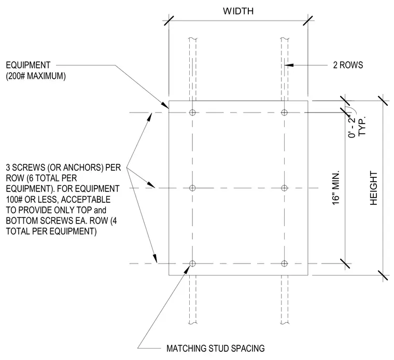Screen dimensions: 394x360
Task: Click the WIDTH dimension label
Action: tap(238, 11)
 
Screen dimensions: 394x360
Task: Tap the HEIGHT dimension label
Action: tap(374, 188)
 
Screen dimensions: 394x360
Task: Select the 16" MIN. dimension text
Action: tap(336, 188)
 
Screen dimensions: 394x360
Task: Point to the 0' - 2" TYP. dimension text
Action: tap(357, 126)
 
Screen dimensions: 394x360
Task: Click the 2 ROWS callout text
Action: tap(348, 65)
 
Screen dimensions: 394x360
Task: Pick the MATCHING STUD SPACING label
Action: tap(216, 349)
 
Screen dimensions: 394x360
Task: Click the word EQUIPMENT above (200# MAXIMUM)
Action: tap(28, 65)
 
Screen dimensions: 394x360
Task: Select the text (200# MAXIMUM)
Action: tap(36, 76)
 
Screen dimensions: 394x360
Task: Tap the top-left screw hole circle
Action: tap(192, 113)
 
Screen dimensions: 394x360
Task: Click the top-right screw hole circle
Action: tap(284, 113)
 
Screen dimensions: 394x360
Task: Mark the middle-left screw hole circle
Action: tap(192, 188)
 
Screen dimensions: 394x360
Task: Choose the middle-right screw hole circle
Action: tap(284, 188)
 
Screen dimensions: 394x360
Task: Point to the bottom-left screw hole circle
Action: tap(192, 264)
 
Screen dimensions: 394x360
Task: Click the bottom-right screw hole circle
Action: tap(284, 264)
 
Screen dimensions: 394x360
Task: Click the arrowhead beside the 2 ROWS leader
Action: tap(289, 65)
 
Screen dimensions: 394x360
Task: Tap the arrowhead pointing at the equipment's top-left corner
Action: tap(165, 105)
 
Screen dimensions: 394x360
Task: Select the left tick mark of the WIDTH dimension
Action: tap(168, 21)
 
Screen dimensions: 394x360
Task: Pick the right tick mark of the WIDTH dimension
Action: tap(308, 21)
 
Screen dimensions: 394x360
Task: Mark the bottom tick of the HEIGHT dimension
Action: tap(383, 275)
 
